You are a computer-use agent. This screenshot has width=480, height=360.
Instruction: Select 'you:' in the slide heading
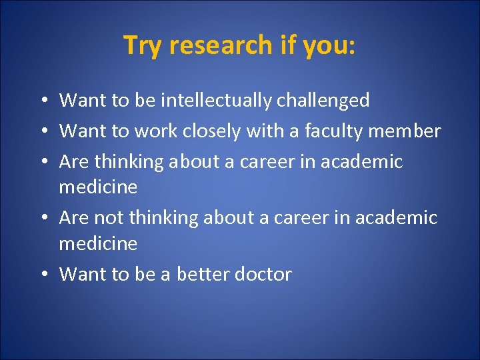(x=330, y=45)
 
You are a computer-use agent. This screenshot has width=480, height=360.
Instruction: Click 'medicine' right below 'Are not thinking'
(x=98, y=244)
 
